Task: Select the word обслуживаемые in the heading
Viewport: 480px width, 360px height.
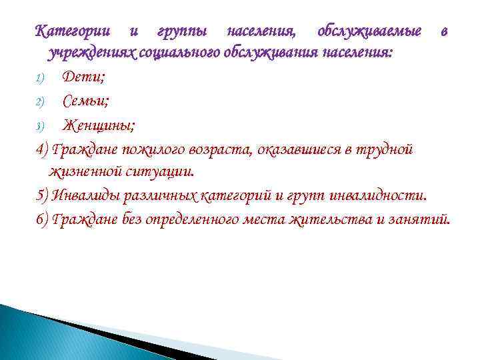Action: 369,31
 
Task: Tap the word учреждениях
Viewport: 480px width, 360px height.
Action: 91,53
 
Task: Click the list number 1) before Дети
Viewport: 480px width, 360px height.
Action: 39,79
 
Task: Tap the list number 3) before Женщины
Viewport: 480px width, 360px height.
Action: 39,125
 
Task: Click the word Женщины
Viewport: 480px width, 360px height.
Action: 99,125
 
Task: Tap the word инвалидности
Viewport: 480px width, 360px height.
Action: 379,195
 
